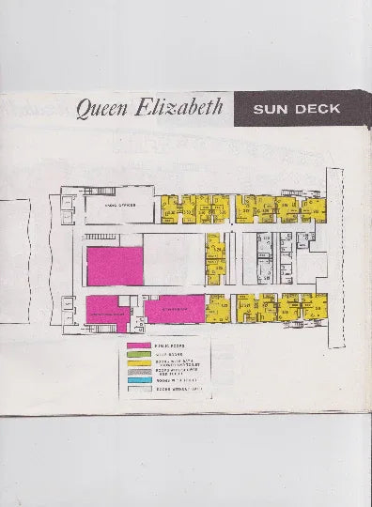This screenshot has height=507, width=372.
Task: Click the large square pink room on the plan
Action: point(114,266)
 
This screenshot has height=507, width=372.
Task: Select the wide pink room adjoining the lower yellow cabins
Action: point(175,309)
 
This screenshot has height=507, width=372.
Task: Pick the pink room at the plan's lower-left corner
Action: point(107,313)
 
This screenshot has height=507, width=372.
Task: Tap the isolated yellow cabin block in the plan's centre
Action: point(216,258)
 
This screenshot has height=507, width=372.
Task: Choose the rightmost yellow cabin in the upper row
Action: point(315,209)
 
